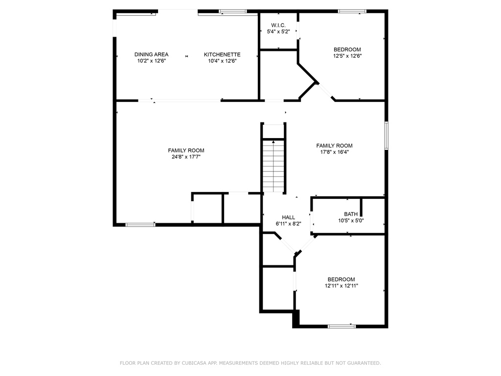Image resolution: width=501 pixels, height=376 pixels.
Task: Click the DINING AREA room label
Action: pyautogui.click(x=152, y=54)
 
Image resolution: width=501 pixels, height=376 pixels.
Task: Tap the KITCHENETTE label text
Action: pyautogui.click(x=222, y=54)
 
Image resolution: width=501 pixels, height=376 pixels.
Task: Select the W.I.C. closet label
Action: pyautogui.click(x=278, y=25)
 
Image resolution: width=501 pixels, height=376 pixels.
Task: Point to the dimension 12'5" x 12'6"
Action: pyautogui.click(x=347, y=56)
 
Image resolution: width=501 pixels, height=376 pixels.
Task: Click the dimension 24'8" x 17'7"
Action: pyautogui.click(x=186, y=157)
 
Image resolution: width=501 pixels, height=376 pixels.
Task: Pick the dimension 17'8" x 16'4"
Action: pyautogui.click(x=334, y=152)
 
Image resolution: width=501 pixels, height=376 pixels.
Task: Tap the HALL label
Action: pyautogui.click(x=288, y=217)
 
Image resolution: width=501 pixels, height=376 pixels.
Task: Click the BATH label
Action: pyautogui.click(x=351, y=214)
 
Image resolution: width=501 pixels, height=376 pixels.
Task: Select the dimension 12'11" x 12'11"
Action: pyautogui.click(x=342, y=286)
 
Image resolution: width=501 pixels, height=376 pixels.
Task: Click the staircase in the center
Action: pyautogui.click(x=273, y=165)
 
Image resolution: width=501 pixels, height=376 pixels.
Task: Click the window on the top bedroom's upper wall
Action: pyautogui.click(x=352, y=11)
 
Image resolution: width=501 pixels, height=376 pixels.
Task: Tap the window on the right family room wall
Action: pyautogui.click(x=386, y=135)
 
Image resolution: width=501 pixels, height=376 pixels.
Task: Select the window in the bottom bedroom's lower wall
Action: pyautogui.click(x=342, y=326)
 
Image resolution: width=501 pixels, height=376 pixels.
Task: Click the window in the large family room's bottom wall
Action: pyautogui.click(x=140, y=225)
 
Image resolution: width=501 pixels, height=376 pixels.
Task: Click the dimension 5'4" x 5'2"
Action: pyautogui.click(x=278, y=31)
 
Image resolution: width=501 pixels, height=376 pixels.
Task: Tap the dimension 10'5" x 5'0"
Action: pyautogui.click(x=351, y=220)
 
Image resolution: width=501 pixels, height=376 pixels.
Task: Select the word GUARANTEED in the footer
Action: pyautogui.click(x=363, y=363)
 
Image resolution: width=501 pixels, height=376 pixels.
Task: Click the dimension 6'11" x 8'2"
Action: pyautogui.click(x=288, y=224)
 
